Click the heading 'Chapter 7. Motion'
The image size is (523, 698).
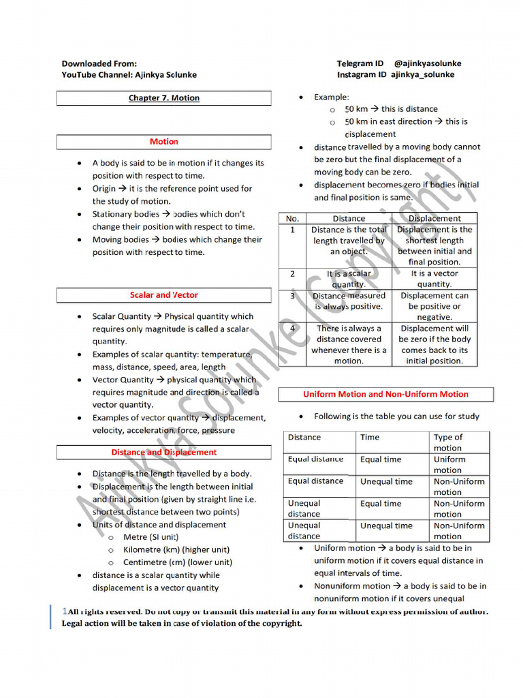[164, 98]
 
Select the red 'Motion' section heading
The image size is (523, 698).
[164, 142]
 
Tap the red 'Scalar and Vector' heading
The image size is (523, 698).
[164, 295]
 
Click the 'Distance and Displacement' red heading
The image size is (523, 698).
[164, 452]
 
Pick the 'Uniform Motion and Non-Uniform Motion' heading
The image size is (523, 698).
[385, 394]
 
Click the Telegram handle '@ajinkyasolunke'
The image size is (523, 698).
[427, 63]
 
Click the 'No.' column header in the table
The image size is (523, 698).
[293, 219]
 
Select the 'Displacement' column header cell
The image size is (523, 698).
[434, 219]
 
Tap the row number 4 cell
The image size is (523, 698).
[293, 328]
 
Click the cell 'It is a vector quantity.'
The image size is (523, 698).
[434, 278]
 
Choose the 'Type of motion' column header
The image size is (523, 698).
[448, 442]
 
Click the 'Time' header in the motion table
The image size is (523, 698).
[370, 438]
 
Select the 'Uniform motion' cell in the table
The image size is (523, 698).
[449, 464]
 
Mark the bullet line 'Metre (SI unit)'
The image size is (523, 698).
[150, 537]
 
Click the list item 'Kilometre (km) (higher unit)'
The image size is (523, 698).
[176, 549]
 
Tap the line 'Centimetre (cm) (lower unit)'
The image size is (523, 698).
[177, 562]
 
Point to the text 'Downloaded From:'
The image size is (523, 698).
[99, 63]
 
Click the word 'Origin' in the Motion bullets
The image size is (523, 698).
[105, 189]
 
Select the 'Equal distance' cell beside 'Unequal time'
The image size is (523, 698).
[316, 481]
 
